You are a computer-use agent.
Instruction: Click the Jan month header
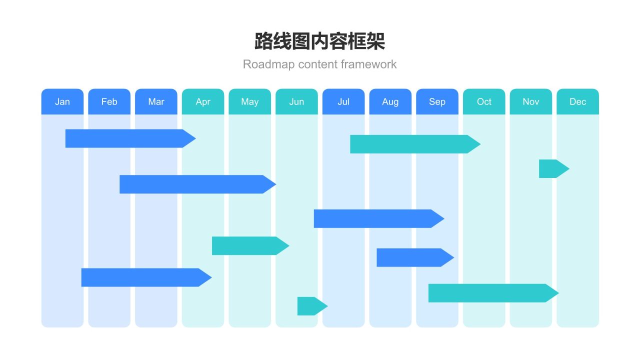pos(62,101)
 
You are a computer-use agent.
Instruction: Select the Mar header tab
pos(156,101)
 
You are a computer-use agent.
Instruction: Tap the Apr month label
pos(203,101)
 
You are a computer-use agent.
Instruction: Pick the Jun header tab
pos(296,101)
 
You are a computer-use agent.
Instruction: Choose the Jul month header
pos(343,101)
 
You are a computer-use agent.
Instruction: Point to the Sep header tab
pos(437,101)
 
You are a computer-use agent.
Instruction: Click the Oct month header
pos(484,101)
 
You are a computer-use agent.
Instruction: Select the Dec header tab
pos(577,101)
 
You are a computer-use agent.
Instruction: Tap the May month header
pos(250,101)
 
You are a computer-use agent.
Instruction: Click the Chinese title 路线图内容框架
pos(320,41)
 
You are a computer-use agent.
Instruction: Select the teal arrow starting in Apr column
pos(247,245)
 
